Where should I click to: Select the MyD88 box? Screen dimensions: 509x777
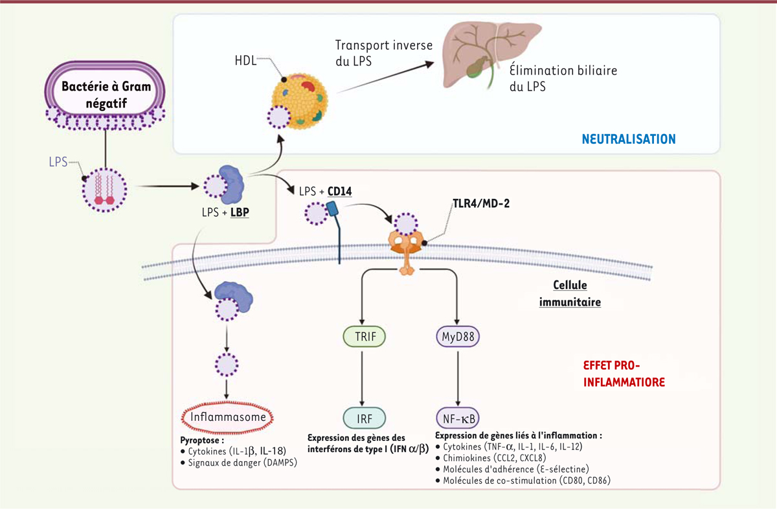pos(458,336)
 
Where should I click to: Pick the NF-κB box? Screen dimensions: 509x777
pos(458,418)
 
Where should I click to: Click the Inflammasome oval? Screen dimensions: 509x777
pos(226,417)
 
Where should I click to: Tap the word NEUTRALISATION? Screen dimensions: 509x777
pos(629,139)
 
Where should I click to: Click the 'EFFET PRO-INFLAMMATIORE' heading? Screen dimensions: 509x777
pos(624,374)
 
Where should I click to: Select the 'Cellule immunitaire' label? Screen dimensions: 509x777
pos(570,293)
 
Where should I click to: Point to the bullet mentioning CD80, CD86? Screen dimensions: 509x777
pos(524,481)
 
